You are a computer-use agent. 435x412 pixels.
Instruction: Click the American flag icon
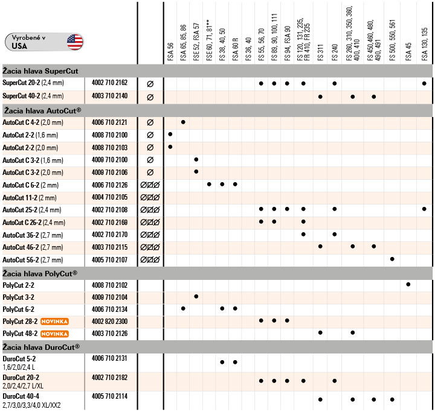[x=75, y=42]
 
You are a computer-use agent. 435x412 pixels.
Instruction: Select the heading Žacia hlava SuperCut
[x=41, y=71]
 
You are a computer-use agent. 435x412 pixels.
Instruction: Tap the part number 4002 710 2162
[x=109, y=83]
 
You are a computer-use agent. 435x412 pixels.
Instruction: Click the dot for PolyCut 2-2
[x=408, y=284]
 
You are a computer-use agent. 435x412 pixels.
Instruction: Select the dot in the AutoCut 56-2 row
[x=392, y=259]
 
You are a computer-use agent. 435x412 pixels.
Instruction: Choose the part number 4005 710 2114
[x=109, y=396]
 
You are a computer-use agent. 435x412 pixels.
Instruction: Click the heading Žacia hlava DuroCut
[x=41, y=347]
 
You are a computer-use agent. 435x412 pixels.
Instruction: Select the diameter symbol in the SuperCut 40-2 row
[x=150, y=97]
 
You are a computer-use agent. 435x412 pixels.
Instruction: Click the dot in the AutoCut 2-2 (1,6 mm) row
[x=170, y=135]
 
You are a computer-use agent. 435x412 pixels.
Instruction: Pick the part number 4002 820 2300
[x=109, y=321]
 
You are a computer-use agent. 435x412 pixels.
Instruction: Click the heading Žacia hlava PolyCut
[x=40, y=273]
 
